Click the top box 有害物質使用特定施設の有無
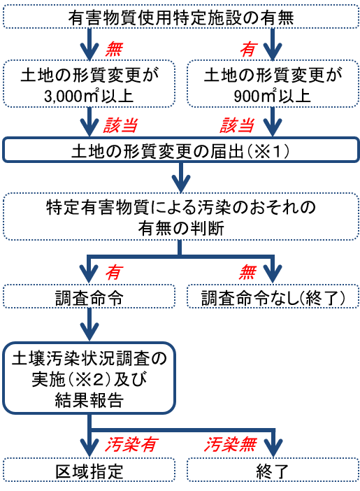click(181, 17)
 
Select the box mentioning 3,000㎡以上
click(89, 84)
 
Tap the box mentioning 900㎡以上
click(273, 84)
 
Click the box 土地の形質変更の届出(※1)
click(181, 150)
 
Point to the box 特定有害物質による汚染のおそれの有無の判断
click(181, 217)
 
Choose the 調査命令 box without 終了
click(89, 297)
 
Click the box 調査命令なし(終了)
click(273, 297)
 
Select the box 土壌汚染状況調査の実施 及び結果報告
click(89, 378)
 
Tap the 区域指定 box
click(89, 470)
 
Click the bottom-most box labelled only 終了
click(273, 470)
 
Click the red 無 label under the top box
click(114, 49)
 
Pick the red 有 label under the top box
click(248, 49)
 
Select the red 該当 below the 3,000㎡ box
click(120, 125)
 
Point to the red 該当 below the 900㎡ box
click(237, 125)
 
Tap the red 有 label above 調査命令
click(114, 272)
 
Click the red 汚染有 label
click(131, 444)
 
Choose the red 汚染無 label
click(231, 444)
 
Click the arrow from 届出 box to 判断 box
click(181, 177)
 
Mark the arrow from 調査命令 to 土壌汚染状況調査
click(89, 325)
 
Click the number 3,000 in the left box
click(62, 97)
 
